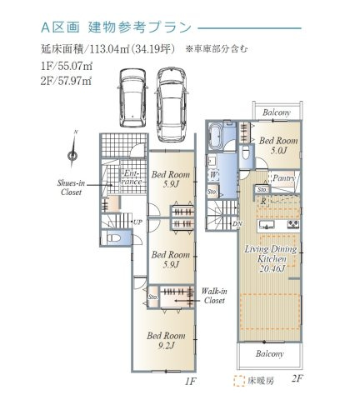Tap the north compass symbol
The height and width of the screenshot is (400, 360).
[74, 150]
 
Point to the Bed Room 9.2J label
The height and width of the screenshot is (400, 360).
[167, 340]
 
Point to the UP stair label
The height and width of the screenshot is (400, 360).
[137, 222]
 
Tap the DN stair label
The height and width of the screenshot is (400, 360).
[237, 222]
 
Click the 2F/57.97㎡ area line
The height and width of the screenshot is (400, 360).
[64, 79]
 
